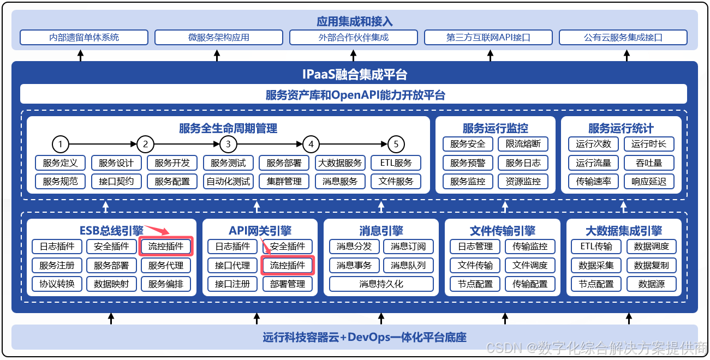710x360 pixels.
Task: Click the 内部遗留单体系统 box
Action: click(84, 38)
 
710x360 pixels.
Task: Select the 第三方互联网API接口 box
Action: click(488, 38)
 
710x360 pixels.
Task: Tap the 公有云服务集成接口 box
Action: click(623, 38)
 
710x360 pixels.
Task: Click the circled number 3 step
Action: click(228, 145)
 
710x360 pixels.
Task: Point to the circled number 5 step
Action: click(396, 145)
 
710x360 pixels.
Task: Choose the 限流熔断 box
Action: click(523, 145)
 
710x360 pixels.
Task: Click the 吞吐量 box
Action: click(649, 163)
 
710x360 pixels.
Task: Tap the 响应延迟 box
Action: click(649, 181)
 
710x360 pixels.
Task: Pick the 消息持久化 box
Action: click(381, 284)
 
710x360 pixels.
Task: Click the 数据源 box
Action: click(651, 284)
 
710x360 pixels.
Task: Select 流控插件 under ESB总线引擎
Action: click(166, 247)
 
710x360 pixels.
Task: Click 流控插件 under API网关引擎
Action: click(288, 266)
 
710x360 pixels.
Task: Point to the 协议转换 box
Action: click(57, 284)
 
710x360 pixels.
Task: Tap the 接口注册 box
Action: click(232, 284)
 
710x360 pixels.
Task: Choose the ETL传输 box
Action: click(596, 247)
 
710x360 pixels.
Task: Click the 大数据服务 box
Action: click(340, 163)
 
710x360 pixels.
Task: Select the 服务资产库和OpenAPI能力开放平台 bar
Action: click(355, 95)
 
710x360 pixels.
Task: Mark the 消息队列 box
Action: click(408, 266)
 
